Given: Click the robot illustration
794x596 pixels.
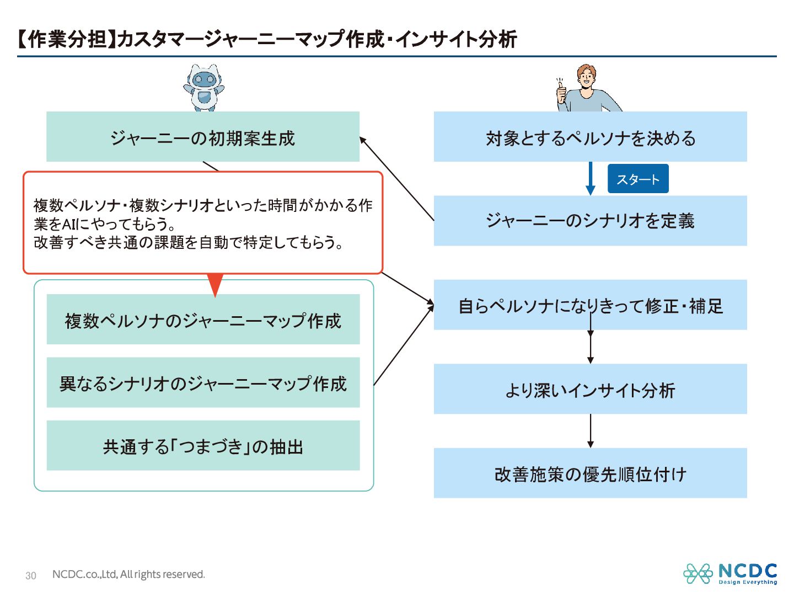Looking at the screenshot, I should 203,88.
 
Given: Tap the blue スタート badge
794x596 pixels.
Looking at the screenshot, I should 638,179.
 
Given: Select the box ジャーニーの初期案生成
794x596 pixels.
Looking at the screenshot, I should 203,137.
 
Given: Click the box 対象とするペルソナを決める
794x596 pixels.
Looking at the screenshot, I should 590,137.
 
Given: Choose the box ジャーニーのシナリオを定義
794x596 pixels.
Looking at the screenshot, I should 590,221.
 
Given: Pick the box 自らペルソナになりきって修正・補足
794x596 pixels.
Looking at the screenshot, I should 590,305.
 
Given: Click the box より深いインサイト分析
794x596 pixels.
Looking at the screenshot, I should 590,389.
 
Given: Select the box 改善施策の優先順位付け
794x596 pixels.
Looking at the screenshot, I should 590,473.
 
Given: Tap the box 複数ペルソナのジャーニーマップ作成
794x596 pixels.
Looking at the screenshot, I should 203,320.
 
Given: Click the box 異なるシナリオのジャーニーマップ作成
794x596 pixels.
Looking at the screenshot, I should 203,382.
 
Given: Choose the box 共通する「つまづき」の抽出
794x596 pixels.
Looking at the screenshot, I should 203,445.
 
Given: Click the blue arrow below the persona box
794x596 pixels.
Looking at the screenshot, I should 591,178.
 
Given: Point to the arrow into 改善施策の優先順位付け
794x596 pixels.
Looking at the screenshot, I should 591,430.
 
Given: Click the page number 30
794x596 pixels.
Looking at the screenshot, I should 31,576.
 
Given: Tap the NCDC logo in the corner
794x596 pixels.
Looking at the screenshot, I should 730,573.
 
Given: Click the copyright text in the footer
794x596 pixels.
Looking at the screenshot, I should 128,574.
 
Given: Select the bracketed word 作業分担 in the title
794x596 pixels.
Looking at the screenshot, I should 67,39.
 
